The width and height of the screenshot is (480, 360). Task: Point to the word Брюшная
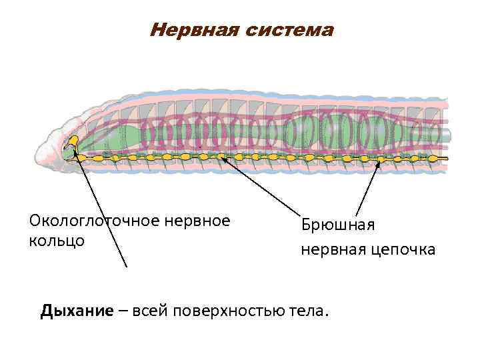338,225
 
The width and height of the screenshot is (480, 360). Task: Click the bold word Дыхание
76,311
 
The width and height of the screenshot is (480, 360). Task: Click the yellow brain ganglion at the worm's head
73,141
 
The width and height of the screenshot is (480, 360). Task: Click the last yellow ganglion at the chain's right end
434,159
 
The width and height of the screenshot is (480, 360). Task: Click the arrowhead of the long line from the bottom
75,151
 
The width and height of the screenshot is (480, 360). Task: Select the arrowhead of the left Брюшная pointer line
223,159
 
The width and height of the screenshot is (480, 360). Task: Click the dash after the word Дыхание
123,311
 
